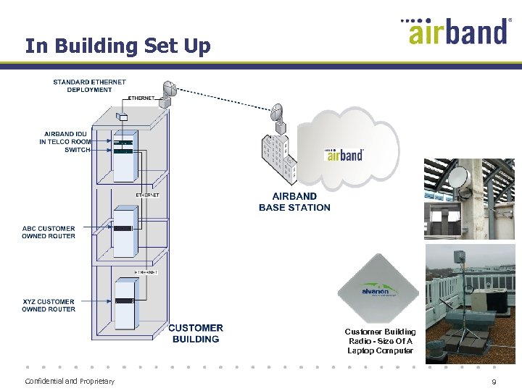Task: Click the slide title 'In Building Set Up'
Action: click(x=117, y=46)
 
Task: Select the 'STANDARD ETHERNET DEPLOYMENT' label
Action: click(x=89, y=86)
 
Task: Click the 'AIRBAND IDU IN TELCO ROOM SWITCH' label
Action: click(x=65, y=142)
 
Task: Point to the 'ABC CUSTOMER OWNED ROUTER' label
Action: click(x=48, y=232)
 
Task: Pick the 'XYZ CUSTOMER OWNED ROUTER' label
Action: click(x=48, y=306)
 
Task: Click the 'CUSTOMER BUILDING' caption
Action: click(x=196, y=334)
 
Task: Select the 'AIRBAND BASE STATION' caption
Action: click(x=294, y=201)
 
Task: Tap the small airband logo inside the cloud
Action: click(x=344, y=155)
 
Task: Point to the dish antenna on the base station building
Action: click(x=277, y=114)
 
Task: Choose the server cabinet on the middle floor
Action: click(x=125, y=232)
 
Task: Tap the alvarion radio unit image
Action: click(x=378, y=288)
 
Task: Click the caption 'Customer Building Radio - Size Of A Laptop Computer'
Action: click(x=380, y=341)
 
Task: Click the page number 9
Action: click(x=494, y=382)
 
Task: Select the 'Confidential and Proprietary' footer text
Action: click(x=70, y=382)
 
